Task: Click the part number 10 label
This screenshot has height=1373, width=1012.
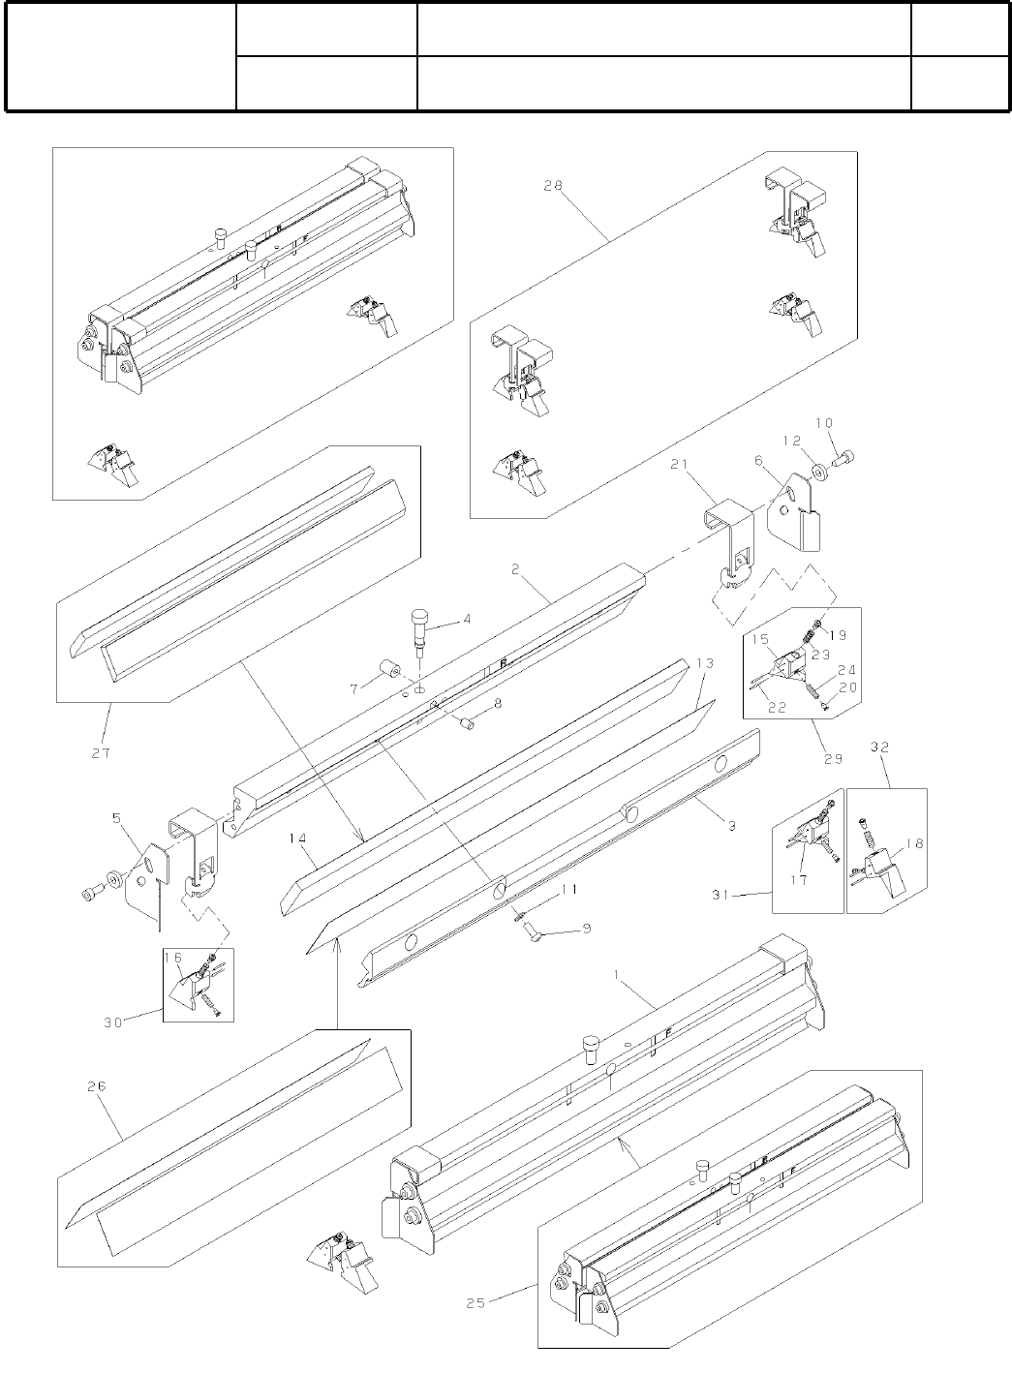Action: (x=823, y=423)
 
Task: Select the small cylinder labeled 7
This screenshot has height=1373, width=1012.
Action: (x=391, y=669)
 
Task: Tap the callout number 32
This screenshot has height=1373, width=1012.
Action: (x=879, y=747)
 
